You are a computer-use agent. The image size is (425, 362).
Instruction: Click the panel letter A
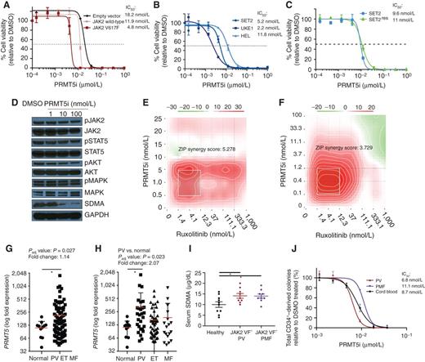coord(5,6)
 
